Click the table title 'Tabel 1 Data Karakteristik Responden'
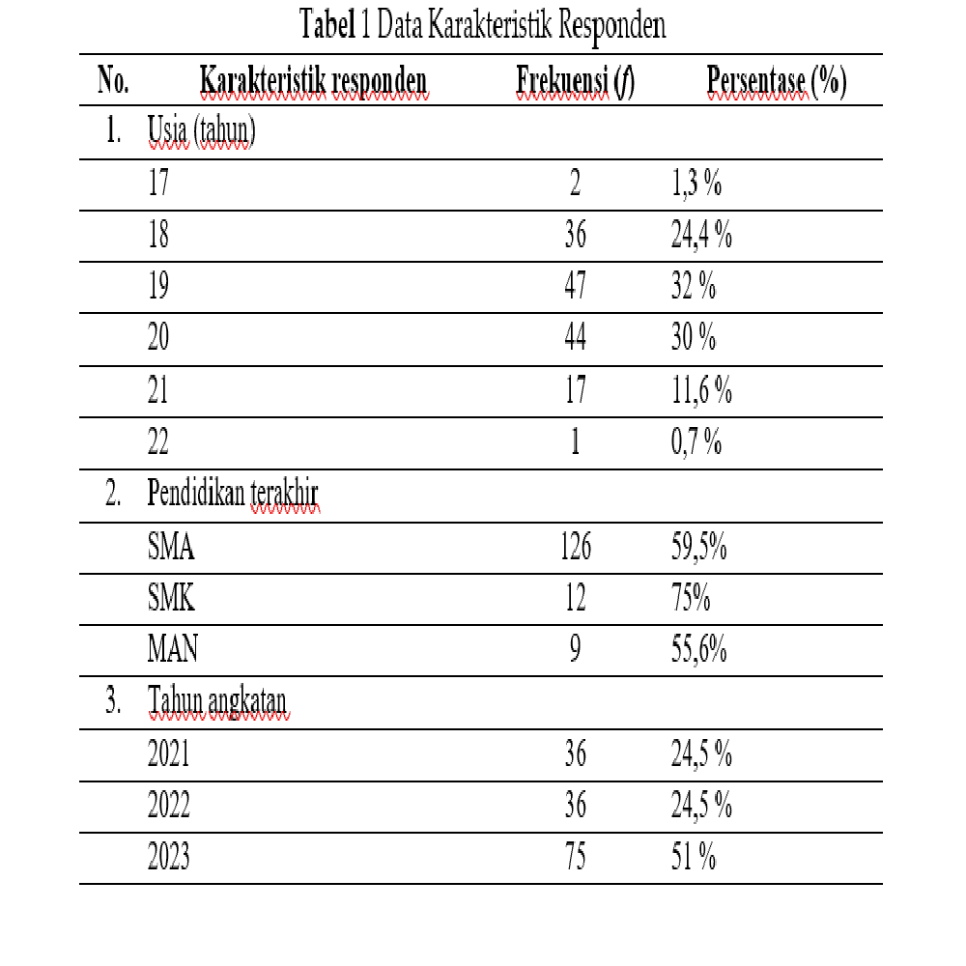tap(483, 26)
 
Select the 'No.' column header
tap(113, 82)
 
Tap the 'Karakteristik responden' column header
tap(313, 82)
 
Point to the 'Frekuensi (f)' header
tap(575, 82)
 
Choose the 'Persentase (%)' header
tap(777, 82)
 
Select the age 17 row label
tap(158, 185)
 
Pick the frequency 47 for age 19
tap(575, 287)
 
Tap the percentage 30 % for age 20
tap(694, 338)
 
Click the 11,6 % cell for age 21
tap(701, 390)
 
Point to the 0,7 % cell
tap(696, 441)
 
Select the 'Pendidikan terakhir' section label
tap(233, 495)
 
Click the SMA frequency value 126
tap(575, 548)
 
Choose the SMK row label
tap(171, 599)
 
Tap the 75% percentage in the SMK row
tap(691, 599)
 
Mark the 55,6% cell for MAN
tap(698, 650)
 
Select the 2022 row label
tap(168, 805)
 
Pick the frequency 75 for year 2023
tap(575, 857)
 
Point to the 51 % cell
tap(694, 857)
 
